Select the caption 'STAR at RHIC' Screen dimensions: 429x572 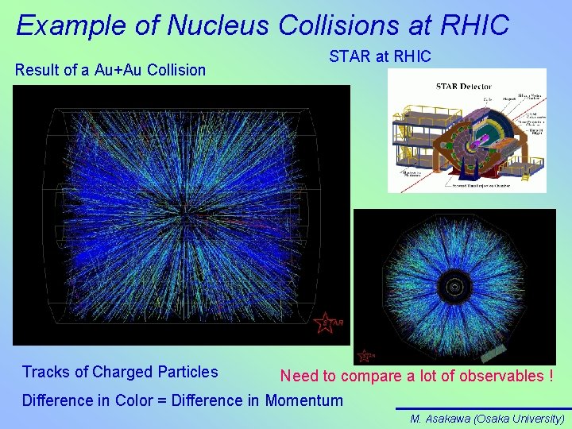pyautogui.click(x=380, y=56)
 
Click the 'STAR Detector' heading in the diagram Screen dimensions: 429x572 pyautogui.click(x=462, y=86)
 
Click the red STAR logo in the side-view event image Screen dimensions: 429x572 pyautogui.click(x=326, y=323)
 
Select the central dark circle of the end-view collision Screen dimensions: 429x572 pyautogui.click(x=454, y=284)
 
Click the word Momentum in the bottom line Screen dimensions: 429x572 pyautogui.click(x=304, y=400)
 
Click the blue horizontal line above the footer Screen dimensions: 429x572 pyautogui.click(x=483, y=409)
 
